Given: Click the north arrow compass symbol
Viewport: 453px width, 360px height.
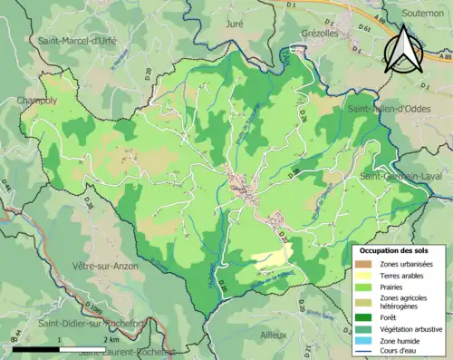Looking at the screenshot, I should tap(404, 50).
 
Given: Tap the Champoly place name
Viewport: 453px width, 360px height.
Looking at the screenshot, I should tap(36, 101).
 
